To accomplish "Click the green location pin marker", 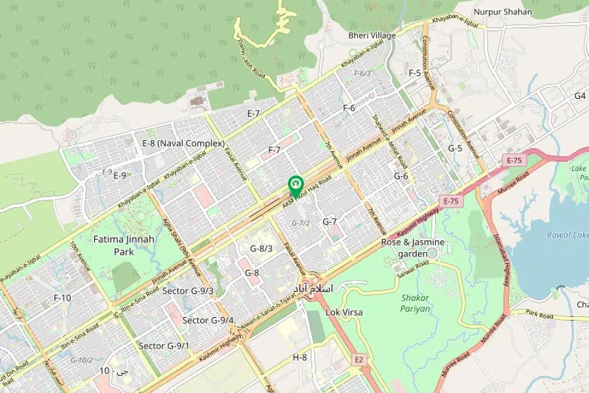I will [295, 184].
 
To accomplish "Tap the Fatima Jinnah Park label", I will [124, 245].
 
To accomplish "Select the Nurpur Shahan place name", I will [503, 11].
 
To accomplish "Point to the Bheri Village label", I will [372, 35].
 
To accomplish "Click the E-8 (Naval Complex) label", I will [183, 143].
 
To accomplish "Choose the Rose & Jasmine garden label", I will [413, 247].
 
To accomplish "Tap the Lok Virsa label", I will [344, 312].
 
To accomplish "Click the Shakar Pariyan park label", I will [416, 303].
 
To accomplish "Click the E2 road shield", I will [358, 360].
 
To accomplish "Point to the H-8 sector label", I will [300, 357].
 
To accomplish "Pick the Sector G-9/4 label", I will [208, 320].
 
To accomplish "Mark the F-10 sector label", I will [62, 298].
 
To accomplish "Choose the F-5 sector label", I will [414, 73].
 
